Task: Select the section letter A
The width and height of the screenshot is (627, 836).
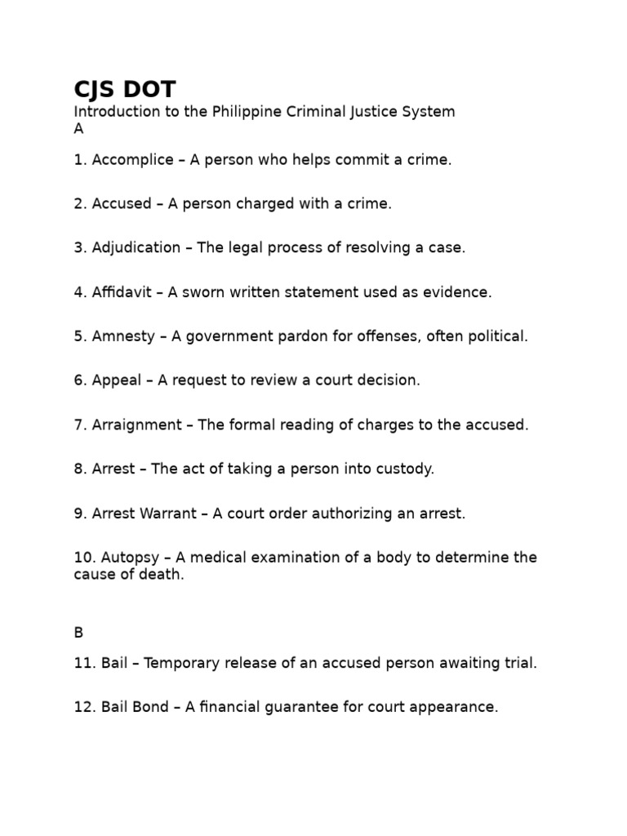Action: pyautogui.click(x=78, y=129)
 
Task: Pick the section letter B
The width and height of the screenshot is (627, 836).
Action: pyautogui.click(x=78, y=632)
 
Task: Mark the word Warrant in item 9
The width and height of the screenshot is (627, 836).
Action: pyautogui.click(x=168, y=514)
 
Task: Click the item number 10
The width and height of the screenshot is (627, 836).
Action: pyautogui.click(x=84, y=558)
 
